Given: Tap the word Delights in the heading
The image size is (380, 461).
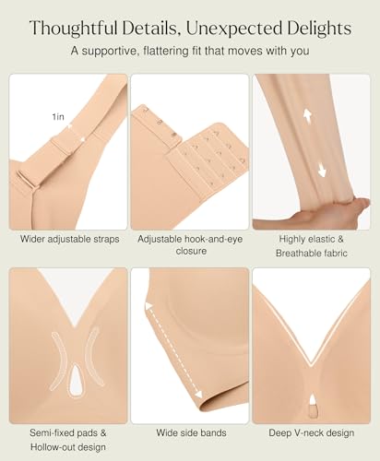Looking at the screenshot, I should tap(315, 28).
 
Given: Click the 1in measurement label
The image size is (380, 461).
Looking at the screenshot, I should tap(58, 117).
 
